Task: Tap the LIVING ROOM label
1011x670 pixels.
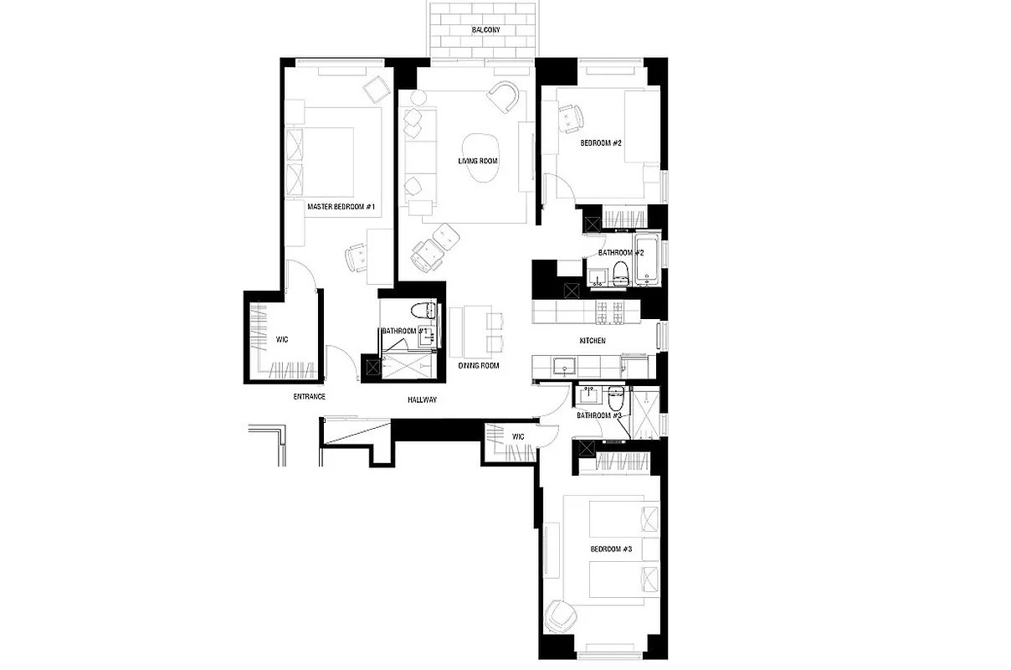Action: tap(478, 161)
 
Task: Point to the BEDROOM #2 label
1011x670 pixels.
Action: tap(601, 143)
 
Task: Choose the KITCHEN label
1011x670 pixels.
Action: tap(593, 341)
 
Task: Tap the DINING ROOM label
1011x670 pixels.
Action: tap(478, 366)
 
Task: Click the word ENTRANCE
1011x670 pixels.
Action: tap(309, 396)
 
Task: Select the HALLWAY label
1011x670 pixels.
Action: tap(423, 399)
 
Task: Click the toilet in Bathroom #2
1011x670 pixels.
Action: tap(620, 271)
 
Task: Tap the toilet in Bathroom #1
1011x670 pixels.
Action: tap(429, 312)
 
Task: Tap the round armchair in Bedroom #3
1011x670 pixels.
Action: tap(558, 618)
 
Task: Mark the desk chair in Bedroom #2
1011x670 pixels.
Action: tap(571, 118)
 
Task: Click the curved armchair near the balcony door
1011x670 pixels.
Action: tap(505, 97)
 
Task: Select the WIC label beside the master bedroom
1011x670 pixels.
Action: tap(282, 339)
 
